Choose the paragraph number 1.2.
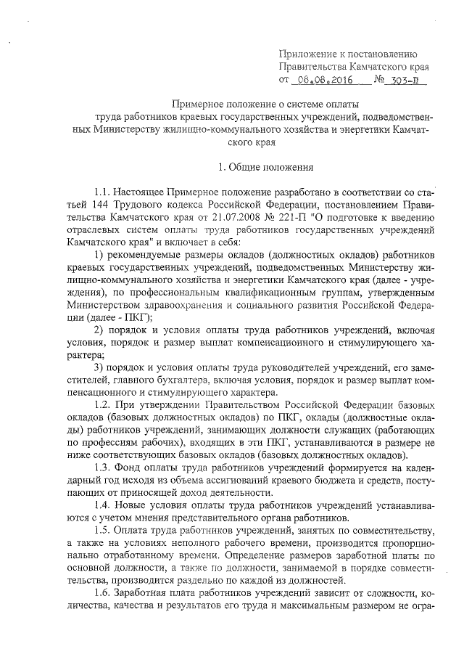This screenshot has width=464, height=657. pyautogui.click(x=101, y=404)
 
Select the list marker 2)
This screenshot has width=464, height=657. pyautogui.click(x=99, y=330)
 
